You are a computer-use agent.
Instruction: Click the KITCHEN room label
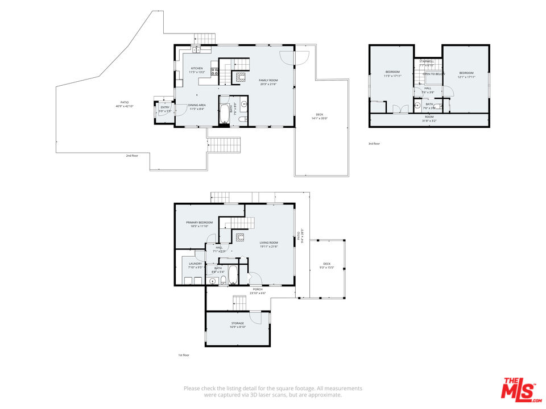pos(196,68)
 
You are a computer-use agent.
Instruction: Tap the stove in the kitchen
pos(216,72)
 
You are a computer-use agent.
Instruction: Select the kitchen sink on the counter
pos(195,51)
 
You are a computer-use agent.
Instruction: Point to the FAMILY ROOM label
pos(267,81)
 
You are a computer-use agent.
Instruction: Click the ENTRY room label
pos(165,107)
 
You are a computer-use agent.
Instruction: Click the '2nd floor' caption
pos(132,155)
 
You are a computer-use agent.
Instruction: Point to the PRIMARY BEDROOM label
pos(199,222)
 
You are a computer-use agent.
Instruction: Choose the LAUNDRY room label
pos(196,264)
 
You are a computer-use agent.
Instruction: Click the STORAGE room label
pos(237,323)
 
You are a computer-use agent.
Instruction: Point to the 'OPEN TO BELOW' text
pos(433,74)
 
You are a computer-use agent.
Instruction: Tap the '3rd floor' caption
pos(374,144)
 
